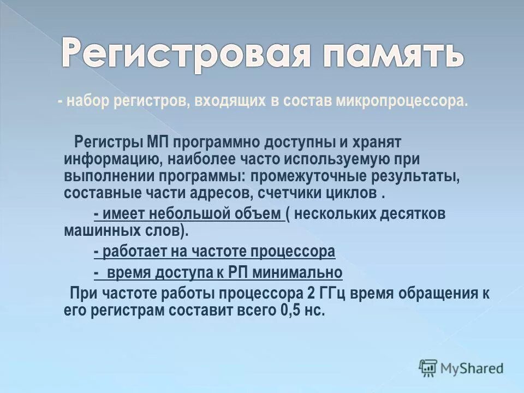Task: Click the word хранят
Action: (x=377, y=142)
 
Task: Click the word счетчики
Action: (x=313, y=194)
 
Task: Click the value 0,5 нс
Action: (x=301, y=310)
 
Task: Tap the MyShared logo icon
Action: (x=428, y=368)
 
